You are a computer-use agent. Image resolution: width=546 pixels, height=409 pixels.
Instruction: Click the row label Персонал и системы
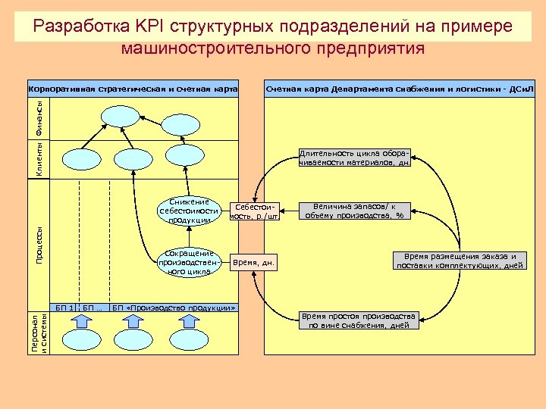(39, 333)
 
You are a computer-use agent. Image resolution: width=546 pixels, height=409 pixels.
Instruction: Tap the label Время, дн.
(254, 264)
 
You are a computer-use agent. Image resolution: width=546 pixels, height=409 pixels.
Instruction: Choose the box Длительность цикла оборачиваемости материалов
(355, 157)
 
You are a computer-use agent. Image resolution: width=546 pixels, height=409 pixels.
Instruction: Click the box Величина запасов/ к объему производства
(355, 211)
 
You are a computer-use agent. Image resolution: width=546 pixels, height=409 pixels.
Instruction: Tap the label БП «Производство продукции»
(174, 308)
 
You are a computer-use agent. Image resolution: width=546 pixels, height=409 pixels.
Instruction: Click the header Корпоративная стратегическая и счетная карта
(133, 88)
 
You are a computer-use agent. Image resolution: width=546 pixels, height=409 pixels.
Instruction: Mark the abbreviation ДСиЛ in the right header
(522, 88)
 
